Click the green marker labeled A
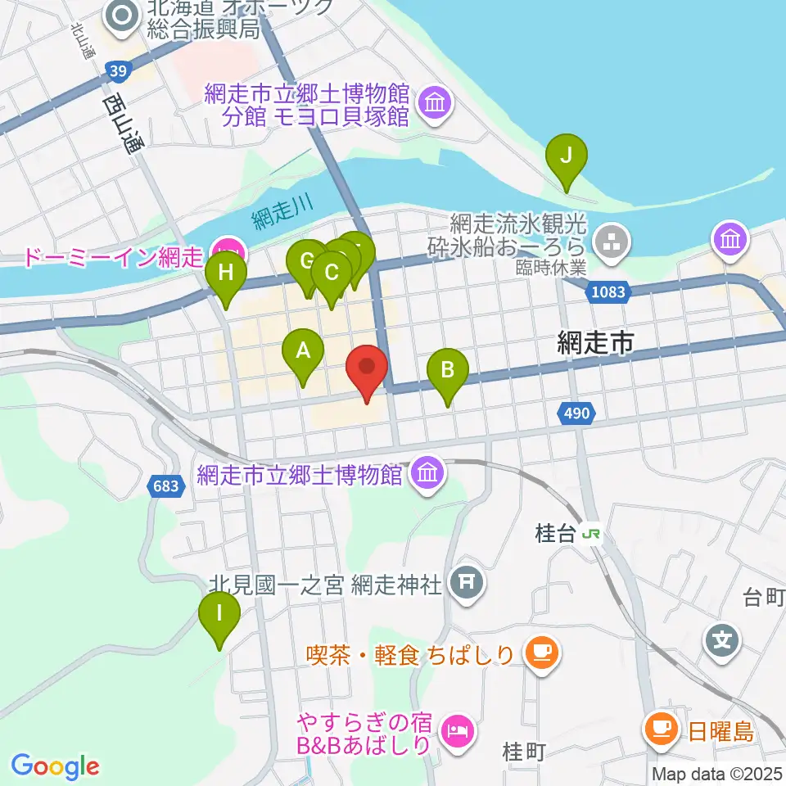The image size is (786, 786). pyautogui.click(x=303, y=352)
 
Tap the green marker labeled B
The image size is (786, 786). pyautogui.click(x=447, y=369)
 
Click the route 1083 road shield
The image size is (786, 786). pyautogui.click(x=606, y=291)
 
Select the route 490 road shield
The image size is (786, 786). pyautogui.click(x=576, y=414)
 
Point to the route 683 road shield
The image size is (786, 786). pyautogui.click(x=165, y=486)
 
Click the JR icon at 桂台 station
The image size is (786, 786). pyautogui.click(x=590, y=535)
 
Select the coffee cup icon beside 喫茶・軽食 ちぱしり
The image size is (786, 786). pyautogui.click(x=540, y=652)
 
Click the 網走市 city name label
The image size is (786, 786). pyautogui.click(x=595, y=344)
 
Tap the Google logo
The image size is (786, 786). pyautogui.click(x=55, y=766)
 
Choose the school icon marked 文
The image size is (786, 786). pyautogui.click(x=721, y=635)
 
